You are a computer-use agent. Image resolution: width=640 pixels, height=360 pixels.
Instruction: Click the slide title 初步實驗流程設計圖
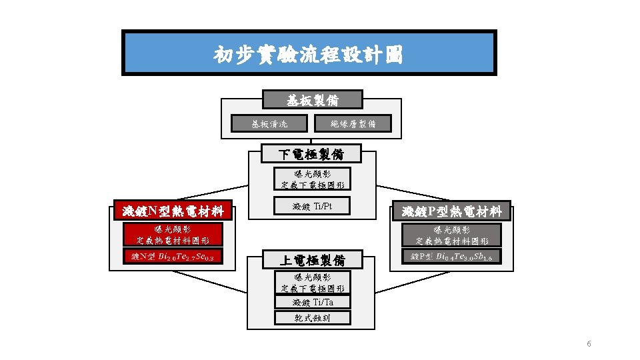pyautogui.click(x=309, y=53)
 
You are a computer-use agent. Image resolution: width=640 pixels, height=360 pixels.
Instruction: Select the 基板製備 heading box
pyautogui.click(x=312, y=101)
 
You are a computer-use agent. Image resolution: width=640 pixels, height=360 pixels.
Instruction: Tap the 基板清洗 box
pyautogui.click(x=269, y=123)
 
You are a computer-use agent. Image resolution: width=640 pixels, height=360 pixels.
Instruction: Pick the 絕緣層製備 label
pyautogui.click(x=353, y=123)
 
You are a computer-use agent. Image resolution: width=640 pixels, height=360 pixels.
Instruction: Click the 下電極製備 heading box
pyautogui.click(x=311, y=155)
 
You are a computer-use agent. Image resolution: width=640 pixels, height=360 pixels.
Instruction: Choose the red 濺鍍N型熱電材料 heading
pyautogui.click(x=173, y=211)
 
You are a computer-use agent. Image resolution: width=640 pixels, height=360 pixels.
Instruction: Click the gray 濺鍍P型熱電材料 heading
pyautogui.click(x=451, y=211)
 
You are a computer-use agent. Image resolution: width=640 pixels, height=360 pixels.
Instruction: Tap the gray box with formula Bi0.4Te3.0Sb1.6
pyautogui.click(x=451, y=257)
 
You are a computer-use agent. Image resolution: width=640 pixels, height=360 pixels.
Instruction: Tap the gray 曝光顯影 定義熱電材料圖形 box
pyautogui.click(x=451, y=235)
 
